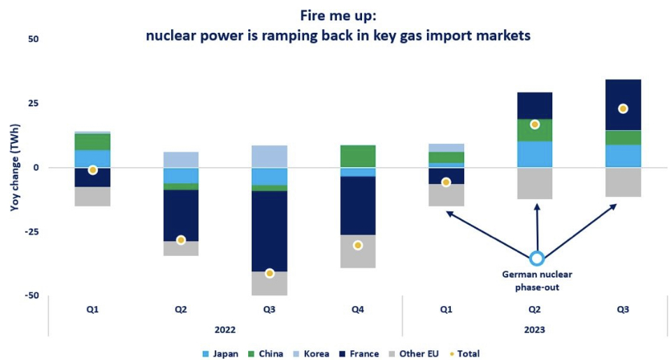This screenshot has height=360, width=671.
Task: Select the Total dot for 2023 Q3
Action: tap(623, 108)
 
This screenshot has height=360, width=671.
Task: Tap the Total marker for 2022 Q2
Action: tap(181, 240)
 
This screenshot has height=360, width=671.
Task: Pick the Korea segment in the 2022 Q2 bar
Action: tap(181, 159)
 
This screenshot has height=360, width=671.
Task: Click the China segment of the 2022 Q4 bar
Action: tap(358, 156)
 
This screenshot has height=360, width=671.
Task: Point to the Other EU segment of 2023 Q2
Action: tap(535, 183)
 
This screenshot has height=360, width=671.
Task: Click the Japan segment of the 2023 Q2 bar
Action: tap(535, 154)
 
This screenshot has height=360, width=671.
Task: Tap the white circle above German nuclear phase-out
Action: tap(537, 259)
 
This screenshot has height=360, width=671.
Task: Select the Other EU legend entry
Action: tap(417, 354)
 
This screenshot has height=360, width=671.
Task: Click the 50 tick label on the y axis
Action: tap(33, 39)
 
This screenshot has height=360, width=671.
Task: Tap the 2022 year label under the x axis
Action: tap(225, 329)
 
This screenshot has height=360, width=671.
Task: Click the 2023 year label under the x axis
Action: tap(535, 329)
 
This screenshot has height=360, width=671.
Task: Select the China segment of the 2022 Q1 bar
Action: tap(93, 142)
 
